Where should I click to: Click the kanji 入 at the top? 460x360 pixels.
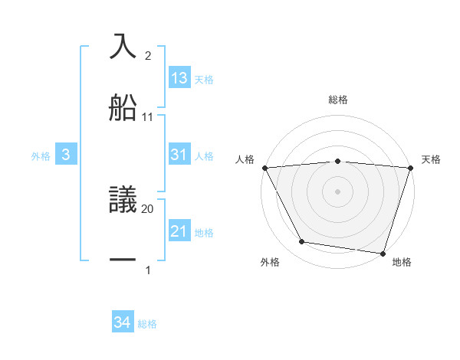coord(123,47)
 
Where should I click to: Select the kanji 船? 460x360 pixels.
coord(123,108)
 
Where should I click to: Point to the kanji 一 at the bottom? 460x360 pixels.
coord(123,260)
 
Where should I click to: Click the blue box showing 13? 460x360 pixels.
coord(179,78)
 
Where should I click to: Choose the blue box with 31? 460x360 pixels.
coord(179,155)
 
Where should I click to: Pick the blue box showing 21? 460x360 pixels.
coord(179,231)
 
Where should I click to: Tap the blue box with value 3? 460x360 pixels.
coord(66,155)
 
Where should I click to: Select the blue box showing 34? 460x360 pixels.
coord(122,322)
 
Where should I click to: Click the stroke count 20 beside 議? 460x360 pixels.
coord(148,208)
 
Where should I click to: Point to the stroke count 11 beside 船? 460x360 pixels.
coord(148,116)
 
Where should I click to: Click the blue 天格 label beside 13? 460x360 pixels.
coord(204,79)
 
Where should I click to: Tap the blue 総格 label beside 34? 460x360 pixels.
coord(147,324)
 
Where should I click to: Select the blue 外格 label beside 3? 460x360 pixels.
coord(41,155)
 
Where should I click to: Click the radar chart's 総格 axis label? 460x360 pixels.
coord(338,100)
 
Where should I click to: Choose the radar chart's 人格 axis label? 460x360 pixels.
coord(245,159)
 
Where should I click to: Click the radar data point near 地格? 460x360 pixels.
coord(382,253)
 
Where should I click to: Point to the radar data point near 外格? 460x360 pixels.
coord(302,242)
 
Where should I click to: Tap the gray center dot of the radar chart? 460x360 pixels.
coord(337,191)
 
